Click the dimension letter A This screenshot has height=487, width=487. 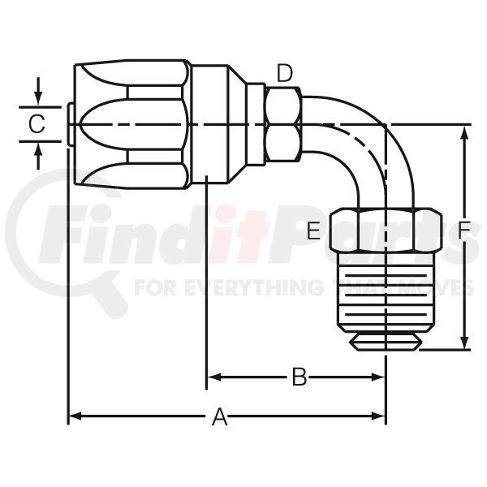click(x=220, y=416)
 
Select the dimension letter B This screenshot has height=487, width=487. click(x=300, y=377)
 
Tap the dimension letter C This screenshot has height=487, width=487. click(x=37, y=124)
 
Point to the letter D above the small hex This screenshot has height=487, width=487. click(x=285, y=74)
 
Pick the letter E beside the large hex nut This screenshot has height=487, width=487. click(x=313, y=231)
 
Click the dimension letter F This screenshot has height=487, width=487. click(x=466, y=231)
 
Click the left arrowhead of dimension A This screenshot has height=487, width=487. click(x=75, y=416)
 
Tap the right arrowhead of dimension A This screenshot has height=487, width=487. click(x=378, y=416)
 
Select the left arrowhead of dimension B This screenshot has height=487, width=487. click(x=213, y=377)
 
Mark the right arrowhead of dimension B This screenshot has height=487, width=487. click(x=378, y=377)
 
